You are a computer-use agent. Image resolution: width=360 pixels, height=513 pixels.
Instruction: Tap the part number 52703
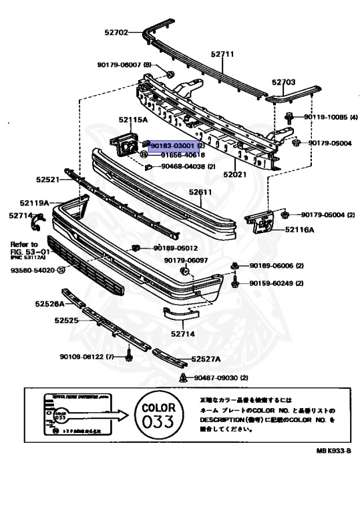[x=283, y=82]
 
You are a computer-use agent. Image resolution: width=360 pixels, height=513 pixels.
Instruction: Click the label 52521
[x=48, y=180]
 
